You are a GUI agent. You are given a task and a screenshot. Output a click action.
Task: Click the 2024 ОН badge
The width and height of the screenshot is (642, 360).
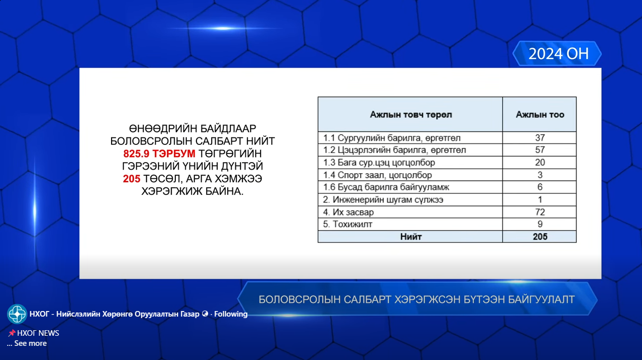click(558, 54)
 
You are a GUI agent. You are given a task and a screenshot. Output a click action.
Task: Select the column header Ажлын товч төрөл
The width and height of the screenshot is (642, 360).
click(411, 115)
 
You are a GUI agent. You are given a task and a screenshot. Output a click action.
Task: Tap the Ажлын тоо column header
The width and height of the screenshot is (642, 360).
click(539, 115)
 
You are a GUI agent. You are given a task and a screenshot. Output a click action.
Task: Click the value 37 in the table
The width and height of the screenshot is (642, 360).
click(539, 138)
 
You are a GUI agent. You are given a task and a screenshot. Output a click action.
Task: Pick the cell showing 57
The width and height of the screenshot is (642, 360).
click(539, 150)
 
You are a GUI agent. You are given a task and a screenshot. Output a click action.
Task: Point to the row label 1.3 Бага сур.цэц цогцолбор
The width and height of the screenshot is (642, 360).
click(379, 163)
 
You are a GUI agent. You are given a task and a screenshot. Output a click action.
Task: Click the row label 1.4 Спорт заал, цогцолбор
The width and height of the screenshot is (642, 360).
click(377, 175)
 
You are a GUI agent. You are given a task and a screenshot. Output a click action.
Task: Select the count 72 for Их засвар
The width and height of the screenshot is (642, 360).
click(539, 212)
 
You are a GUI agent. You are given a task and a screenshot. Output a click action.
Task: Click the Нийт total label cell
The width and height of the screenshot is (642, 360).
click(411, 236)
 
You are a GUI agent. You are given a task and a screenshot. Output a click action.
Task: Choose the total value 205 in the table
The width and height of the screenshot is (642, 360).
click(539, 236)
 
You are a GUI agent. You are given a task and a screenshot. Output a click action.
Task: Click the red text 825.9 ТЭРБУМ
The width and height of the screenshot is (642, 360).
click(159, 153)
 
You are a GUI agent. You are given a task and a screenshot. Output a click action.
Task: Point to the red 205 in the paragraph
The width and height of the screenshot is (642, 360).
click(131, 179)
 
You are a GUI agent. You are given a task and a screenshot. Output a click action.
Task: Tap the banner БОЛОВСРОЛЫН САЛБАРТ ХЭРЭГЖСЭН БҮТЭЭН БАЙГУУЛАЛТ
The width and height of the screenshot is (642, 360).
click(416, 299)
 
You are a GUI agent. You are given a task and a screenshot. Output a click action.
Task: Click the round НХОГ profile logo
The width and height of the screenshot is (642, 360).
click(17, 314)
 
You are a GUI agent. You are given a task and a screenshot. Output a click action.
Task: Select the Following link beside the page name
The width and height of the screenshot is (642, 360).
click(231, 314)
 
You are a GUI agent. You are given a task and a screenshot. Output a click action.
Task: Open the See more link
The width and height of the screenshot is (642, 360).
click(30, 343)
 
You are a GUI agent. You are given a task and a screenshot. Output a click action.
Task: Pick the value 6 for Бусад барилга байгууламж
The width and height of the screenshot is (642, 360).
click(539, 187)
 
